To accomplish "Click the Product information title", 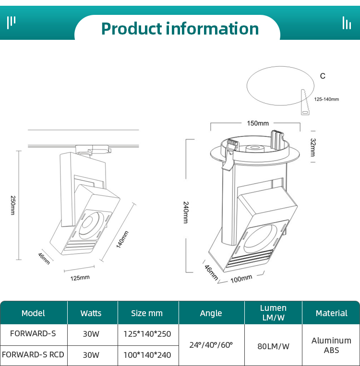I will click(180, 28).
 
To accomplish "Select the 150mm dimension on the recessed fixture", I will click(258, 123).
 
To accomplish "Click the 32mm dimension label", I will click(313, 147).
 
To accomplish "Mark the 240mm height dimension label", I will click(185, 212).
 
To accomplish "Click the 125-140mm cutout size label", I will click(326, 100).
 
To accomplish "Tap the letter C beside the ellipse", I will click(323, 76).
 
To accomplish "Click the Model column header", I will click(33, 313).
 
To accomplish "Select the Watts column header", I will click(91, 313).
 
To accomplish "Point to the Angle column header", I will click(211, 313).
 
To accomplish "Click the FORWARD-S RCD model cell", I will click(33, 355).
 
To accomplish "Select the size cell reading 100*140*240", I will click(147, 355).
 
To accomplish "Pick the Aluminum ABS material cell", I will click(331, 345).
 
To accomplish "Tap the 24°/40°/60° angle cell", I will click(211, 345).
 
